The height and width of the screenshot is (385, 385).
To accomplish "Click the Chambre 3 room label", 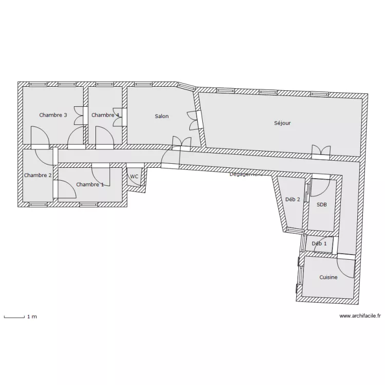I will point(53,115).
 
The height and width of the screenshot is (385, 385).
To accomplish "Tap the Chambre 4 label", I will point(105,115).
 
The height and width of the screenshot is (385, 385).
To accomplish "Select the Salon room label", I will point(162,117).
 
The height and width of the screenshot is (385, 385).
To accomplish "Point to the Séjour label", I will point(282,123).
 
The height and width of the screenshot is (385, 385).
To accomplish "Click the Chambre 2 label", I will point(37,176).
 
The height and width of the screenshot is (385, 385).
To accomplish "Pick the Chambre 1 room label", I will point(90,184).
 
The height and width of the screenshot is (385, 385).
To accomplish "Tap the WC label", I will point(134,177).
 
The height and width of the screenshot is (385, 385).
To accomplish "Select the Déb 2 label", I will point(293,200).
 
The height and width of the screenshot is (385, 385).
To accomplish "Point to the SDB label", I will point(321,204).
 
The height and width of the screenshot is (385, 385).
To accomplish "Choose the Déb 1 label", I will point(319,244).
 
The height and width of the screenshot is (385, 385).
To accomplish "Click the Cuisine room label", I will point(329,278).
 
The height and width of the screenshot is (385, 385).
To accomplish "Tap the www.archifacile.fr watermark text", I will point(361,316).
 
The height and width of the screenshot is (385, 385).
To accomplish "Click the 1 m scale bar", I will point(14,317).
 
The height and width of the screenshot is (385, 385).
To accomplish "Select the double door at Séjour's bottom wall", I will point(321,150).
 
